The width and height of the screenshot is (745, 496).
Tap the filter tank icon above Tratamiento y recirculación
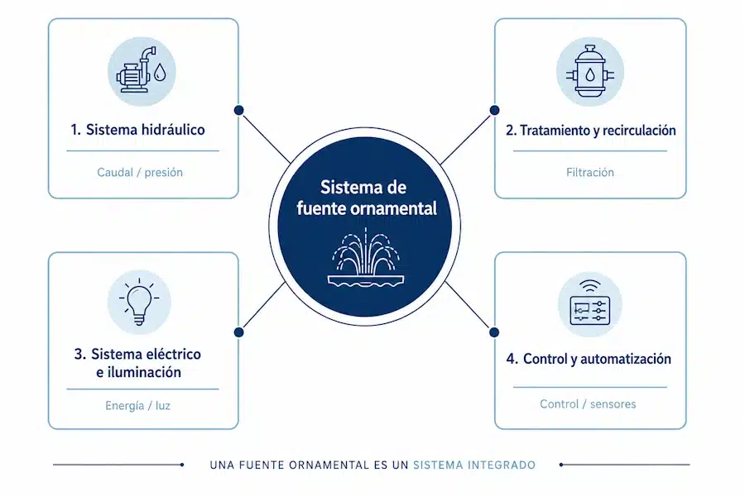coord(590,71)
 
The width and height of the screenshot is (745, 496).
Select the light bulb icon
coord(139,303)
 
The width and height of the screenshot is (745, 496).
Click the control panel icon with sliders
coord(589,303)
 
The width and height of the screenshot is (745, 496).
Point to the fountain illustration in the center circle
coord(365,257)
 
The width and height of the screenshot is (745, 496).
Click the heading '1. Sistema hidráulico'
coord(137,130)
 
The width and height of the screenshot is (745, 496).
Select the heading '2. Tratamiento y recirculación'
coord(590,130)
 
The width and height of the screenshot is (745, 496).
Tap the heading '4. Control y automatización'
coord(589,359)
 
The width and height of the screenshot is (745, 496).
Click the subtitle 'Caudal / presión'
coord(140,172)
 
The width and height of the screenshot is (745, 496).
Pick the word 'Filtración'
coord(590,172)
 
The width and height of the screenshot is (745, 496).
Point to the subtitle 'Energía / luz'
coord(137,406)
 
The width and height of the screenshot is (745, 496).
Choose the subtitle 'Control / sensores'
coord(588,404)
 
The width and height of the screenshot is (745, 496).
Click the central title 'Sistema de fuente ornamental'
coord(367,198)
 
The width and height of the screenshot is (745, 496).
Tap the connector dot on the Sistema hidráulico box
coord(239,110)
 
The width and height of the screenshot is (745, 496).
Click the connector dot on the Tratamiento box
coord(495,110)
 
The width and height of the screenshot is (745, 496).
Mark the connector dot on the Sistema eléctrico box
coord(239,332)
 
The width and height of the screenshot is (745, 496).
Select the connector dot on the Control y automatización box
coord(494,332)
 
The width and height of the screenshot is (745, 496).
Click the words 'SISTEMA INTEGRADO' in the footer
coord(474,465)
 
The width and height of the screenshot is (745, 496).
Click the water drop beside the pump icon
coord(160,72)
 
